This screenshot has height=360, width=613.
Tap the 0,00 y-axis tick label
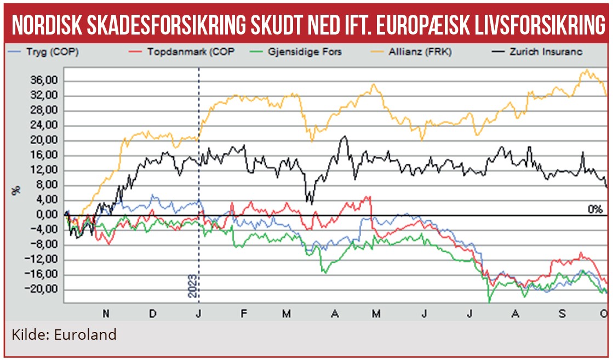[46, 215]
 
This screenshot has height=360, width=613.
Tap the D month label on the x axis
[153, 313]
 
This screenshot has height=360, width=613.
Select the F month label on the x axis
[243, 313]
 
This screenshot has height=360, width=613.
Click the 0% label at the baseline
[594, 209]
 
